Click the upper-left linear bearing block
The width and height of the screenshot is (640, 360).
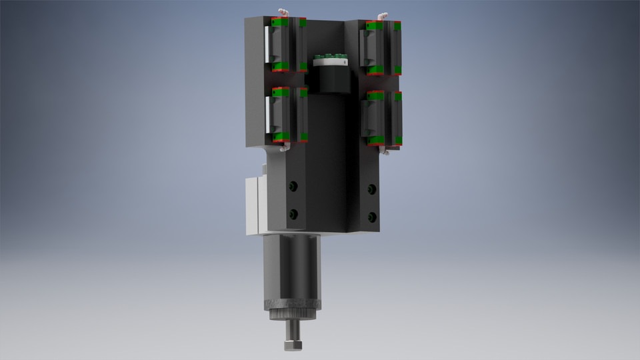[x=285, y=44]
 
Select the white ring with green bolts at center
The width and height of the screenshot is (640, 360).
[x=329, y=61]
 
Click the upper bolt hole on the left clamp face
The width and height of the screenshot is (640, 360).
[x=292, y=186]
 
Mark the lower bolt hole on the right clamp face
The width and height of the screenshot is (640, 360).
[x=372, y=217]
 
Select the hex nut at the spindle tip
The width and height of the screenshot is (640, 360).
[x=291, y=345]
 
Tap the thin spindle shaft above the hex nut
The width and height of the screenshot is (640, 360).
[x=291, y=327]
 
